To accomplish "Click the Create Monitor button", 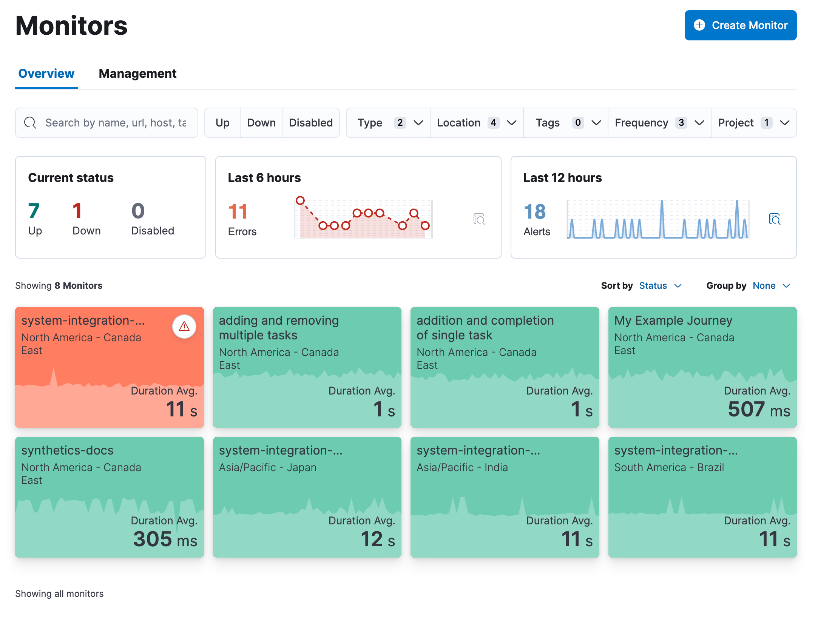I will [x=740, y=25].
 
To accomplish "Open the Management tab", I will [x=137, y=74].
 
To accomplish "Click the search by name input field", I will [x=115, y=123].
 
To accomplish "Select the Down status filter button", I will [x=261, y=123].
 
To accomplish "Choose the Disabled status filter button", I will [x=310, y=123].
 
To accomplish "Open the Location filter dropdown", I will [x=476, y=123].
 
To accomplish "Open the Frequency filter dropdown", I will [x=659, y=123].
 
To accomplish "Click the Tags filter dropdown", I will [x=565, y=123].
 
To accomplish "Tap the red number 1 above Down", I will [x=77, y=211].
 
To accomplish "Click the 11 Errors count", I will [x=238, y=211].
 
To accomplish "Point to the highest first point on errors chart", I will [x=300, y=200].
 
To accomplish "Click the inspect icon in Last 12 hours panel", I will [x=775, y=219].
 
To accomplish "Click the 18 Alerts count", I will [x=534, y=211].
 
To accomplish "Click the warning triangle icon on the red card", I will [x=184, y=327].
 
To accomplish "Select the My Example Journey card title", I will [x=673, y=321].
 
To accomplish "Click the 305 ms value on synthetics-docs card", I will [x=165, y=539].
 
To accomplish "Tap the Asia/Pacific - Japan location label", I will [x=267, y=467].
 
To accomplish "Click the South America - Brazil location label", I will [x=669, y=467].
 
